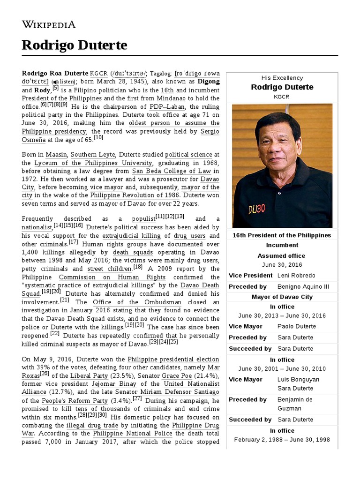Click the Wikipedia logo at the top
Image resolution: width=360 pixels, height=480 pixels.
[49, 24]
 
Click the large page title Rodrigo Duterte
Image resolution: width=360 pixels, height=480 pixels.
[74, 45]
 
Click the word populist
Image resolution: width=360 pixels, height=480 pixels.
[143, 218]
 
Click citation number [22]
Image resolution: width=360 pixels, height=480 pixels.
[55, 334]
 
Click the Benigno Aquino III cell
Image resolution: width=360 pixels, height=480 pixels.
[303, 286]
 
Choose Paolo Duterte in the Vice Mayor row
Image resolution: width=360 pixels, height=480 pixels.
[296, 326]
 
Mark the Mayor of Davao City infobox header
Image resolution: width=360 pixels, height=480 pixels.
[282, 297]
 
